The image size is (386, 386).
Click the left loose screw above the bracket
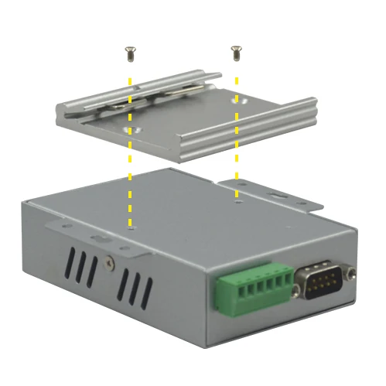pyautogui.click(x=129, y=53)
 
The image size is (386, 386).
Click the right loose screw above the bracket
pyautogui.click(x=236, y=53)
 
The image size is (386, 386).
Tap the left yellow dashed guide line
pyautogui.click(x=129, y=178)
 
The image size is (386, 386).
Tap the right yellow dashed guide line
pyautogui.click(x=236, y=155)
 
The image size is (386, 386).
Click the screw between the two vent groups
pyautogui.click(x=111, y=262)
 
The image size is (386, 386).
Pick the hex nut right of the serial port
pyautogui.click(x=353, y=272)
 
